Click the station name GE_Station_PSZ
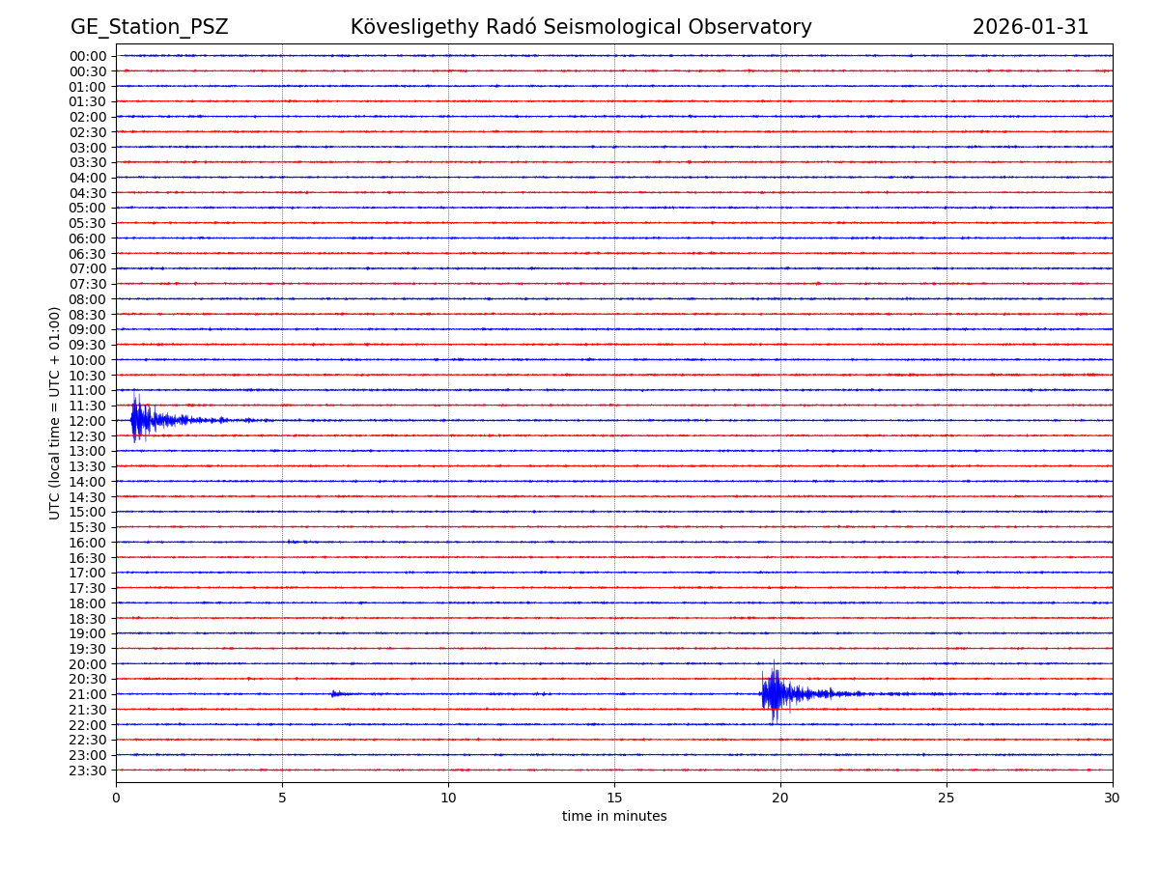(149, 27)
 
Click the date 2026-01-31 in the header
(1030, 27)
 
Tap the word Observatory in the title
(756, 27)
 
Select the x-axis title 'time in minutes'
(614, 817)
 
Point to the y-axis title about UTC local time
(55, 412)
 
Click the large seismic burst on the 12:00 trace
(141, 420)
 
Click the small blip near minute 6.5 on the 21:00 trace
(334, 693)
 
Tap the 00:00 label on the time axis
(88, 56)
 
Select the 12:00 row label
(88, 421)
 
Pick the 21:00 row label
(88, 694)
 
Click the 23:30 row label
(88, 771)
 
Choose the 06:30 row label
(88, 254)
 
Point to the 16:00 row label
(88, 543)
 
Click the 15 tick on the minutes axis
(614, 798)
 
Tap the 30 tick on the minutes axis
(1113, 798)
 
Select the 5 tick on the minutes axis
(282, 798)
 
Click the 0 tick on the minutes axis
(116, 798)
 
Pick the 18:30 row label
(88, 619)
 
